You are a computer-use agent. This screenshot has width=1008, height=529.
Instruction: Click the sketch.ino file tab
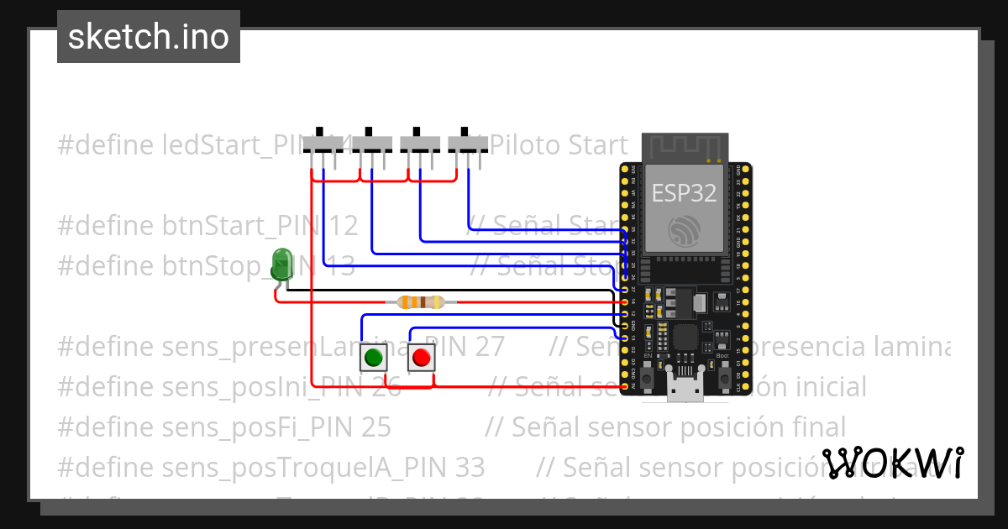pos(149,37)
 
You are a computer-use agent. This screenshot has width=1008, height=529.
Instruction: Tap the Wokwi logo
pos(892,464)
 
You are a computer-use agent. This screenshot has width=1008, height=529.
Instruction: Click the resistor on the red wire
pos(420,301)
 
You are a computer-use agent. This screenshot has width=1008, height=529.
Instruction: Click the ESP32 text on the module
pos(685,193)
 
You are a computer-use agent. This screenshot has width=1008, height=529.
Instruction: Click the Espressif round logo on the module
pos(684,231)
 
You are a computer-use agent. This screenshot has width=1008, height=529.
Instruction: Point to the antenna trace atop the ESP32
pos(685,148)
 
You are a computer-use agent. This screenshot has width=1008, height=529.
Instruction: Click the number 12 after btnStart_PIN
pos(344,225)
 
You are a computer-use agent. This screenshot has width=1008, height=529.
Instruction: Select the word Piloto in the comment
pos(524,145)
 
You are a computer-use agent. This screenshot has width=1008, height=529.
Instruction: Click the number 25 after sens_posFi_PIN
pos(376,427)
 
